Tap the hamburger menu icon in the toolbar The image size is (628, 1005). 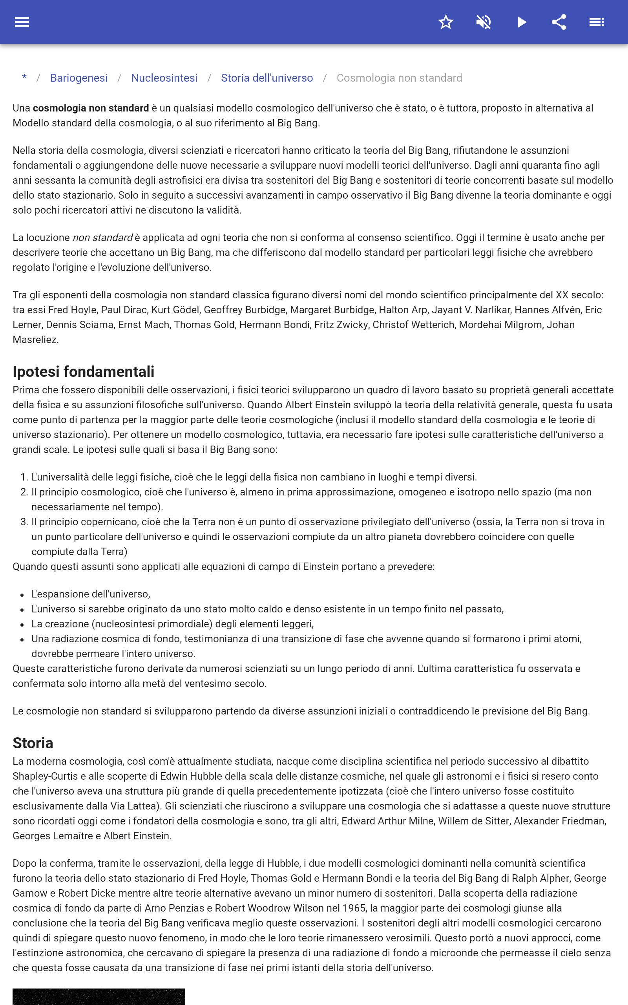click(22, 22)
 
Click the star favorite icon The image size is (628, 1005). click(445, 22)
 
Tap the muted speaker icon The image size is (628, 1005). click(484, 22)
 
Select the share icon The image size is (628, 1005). click(559, 22)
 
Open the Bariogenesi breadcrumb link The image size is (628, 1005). click(79, 78)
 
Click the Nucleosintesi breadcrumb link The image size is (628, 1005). click(164, 78)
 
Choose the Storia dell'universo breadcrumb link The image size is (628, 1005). click(267, 78)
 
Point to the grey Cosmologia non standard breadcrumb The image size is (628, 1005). click(399, 78)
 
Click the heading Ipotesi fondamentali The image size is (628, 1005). click(83, 371)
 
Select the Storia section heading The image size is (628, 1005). click(33, 742)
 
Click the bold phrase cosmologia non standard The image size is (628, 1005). click(91, 108)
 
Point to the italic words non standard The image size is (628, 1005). click(102, 238)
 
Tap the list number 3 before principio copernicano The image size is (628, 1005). click(24, 522)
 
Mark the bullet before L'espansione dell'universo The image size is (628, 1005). click(22, 595)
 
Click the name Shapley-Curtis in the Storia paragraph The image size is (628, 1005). click(45, 776)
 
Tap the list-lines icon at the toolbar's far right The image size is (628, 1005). click(597, 22)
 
